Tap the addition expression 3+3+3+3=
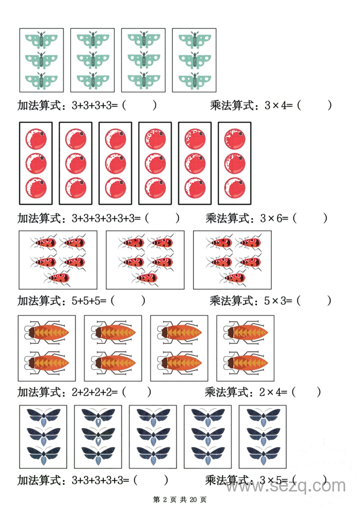coord(94,106)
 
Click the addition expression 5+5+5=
coord(89,301)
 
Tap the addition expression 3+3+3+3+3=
coord(100,480)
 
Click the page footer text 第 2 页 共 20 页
coord(180,500)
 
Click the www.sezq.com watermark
coord(286,486)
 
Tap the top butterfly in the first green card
coord(41,40)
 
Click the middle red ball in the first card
coord(36,163)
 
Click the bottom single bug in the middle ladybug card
coord(147,278)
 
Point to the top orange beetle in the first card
coord(48,333)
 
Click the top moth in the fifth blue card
coord(262,415)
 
